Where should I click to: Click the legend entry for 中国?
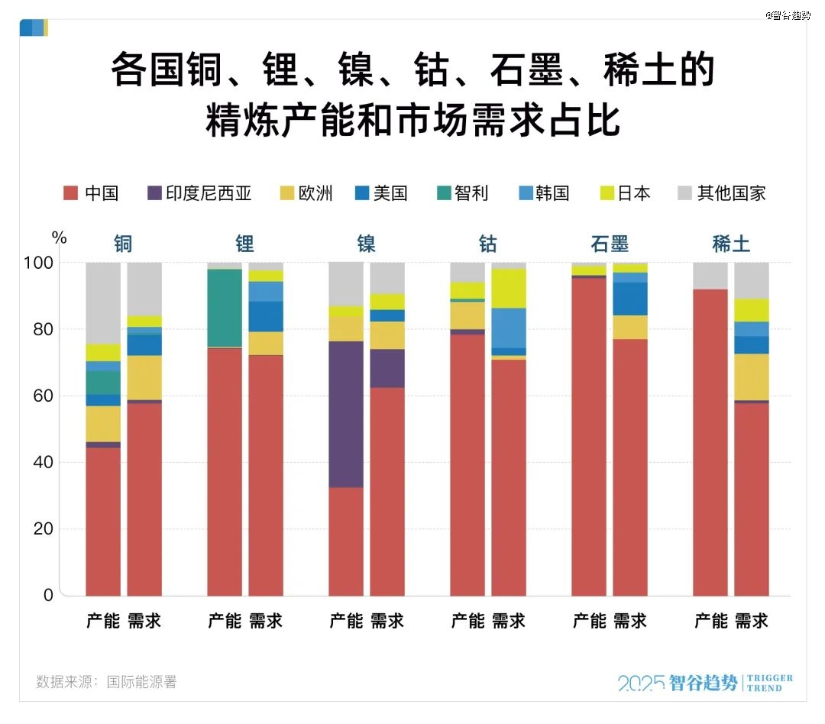pyautogui.click(x=91, y=193)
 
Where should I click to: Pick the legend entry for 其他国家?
pyautogui.click(x=721, y=193)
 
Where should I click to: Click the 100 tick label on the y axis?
pyautogui.click(x=43, y=263)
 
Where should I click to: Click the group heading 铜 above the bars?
pyautogui.click(x=123, y=244)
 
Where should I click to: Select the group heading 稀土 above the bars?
pyautogui.click(x=731, y=244)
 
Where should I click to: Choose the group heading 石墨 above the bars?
pyautogui.click(x=610, y=244)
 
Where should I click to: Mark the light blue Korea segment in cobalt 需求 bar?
pyautogui.click(x=509, y=328)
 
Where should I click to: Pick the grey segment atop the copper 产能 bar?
pyautogui.click(x=103, y=302)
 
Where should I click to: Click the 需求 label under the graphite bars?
pyautogui.click(x=630, y=621)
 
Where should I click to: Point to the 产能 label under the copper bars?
pyautogui.click(x=103, y=621)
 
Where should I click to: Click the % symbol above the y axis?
pyautogui.click(x=60, y=238)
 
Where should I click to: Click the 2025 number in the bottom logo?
pyautogui.click(x=640, y=683)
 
